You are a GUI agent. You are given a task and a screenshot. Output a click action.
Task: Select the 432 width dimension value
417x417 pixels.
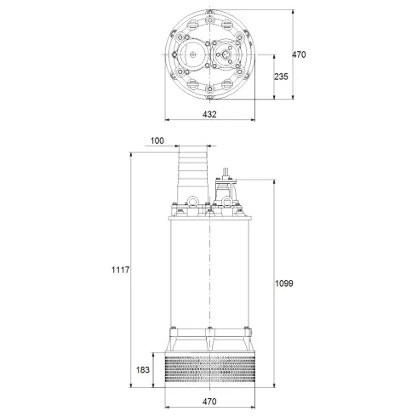click(x=209, y=113)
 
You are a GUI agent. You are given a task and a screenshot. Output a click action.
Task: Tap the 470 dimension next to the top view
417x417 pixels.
click(x=299, y=54)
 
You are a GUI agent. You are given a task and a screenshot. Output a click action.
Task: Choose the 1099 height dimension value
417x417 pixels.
click(x=285, y=283)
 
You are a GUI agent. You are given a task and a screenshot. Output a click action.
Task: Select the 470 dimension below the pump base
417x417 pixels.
click(x=209, y=400)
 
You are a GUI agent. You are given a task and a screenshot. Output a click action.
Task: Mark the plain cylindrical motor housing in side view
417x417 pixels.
click(x=209, y=272)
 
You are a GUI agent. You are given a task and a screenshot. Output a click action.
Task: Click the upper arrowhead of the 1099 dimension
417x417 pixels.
click(x=274, y=181)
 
